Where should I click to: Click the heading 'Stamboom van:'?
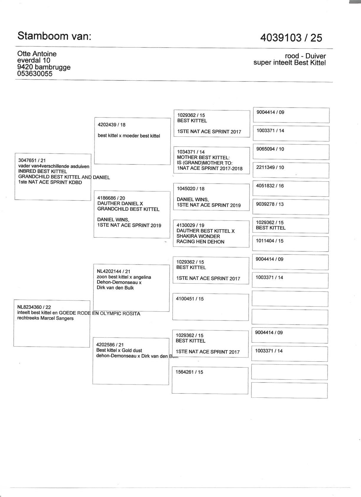click(x=54, y=36)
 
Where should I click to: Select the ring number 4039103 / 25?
click(x=291, y=38)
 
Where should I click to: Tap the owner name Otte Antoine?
click(x=37, y=54)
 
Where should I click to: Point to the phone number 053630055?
click(x=35, y=74)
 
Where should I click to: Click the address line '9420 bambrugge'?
click(x=44, y=67)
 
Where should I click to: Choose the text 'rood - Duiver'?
click(x=305, y=56)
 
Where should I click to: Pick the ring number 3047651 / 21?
click(x=32, y=160)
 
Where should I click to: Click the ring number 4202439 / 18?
click(x=111, y=125)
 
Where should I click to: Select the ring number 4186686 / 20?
click(x=111, y=198)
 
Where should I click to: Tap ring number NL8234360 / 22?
click(x=34, y=307)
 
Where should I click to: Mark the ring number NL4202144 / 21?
click(x=113, y=271)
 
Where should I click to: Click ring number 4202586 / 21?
click(x=110, y=345)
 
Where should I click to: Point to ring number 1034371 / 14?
click(x=191, y=152)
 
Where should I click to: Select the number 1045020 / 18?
click(x=191, y=189)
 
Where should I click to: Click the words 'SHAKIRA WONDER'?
click(x=198, y=236)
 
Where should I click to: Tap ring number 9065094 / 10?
click(x=270, y=149)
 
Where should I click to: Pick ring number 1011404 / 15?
click(x=269, y=241)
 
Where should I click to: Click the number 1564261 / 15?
click(x=189, y=372)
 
